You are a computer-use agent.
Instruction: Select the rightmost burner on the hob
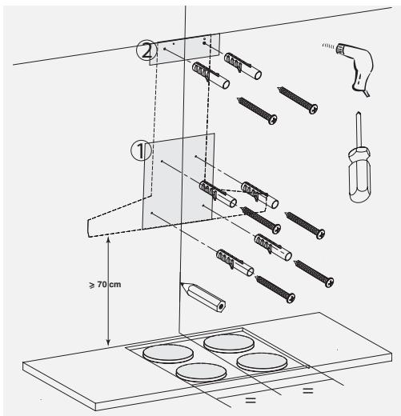tap(260, 361)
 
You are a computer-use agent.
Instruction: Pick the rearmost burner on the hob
tap(226, 343)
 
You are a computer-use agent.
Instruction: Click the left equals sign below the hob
tap(251, 399)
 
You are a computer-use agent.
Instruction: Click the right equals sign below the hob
tap(307, 392)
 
